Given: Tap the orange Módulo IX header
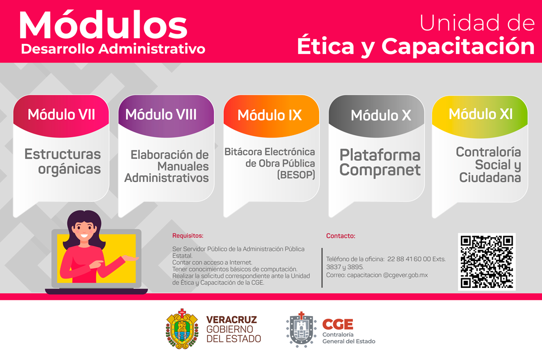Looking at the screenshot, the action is point(271,115).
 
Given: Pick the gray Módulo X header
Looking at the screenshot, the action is point(377,115).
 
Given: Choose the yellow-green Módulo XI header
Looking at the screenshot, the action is point(480,116).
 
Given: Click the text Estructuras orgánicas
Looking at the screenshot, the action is point(63,161).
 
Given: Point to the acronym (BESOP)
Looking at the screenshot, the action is point(296,174).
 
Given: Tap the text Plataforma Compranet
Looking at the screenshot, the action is point(380,162).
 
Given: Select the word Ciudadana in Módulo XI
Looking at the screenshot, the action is point(490,177).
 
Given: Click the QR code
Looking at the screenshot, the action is point(487,262).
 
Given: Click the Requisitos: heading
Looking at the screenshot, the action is point(188,235).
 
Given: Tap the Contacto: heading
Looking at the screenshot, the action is point(340,236).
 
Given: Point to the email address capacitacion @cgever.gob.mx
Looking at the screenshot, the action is point(388,275).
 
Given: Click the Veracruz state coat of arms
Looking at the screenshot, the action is point(182,329).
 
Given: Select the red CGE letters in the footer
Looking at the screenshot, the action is point(338,324).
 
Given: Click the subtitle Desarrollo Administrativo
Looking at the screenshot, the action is point(113,49).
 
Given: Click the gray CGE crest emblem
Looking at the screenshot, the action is point(302,330).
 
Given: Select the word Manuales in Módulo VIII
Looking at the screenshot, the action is point(183,166).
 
